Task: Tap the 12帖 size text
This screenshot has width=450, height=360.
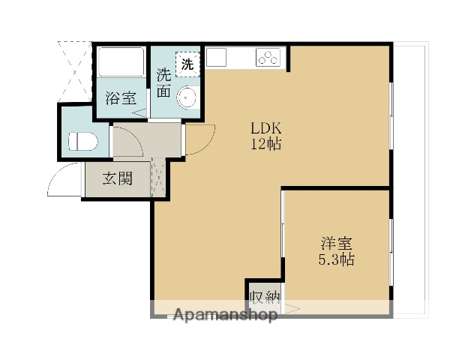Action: (265, 144)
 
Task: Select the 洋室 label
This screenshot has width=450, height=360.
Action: (337, 244)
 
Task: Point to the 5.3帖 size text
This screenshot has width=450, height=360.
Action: (337, 261)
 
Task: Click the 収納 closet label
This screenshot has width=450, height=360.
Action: (265, 296)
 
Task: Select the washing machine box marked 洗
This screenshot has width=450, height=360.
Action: (187, 64)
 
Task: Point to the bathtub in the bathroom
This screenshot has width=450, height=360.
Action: (122, 61)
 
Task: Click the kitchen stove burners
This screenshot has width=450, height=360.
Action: (268, 57)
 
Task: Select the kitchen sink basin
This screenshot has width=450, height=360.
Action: (217, 57)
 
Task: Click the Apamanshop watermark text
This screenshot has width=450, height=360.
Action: (225, 314)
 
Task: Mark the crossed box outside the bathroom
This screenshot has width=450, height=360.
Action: (75, 67)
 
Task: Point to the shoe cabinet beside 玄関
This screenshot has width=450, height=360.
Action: (159, 178)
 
